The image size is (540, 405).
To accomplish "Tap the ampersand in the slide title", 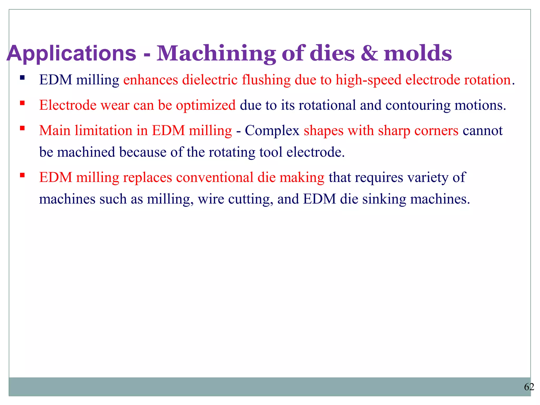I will coord(369,54).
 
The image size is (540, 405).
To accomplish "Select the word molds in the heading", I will coord(418,54).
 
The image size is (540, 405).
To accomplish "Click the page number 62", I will coord(529,387).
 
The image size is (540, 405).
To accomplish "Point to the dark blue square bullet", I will coord(22,78).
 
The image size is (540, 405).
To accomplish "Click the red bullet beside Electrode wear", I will coord(22,103).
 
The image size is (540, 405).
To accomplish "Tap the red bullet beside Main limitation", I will coord(22,128).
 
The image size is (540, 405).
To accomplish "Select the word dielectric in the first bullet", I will coord(210,80).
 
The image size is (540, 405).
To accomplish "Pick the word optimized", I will coord(206,105).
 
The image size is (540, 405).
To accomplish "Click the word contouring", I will coord(418,105).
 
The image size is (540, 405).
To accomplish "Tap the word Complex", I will coord(272,131).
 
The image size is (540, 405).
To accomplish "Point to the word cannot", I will coord(483,131).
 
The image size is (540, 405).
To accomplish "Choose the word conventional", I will coord(215,177).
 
